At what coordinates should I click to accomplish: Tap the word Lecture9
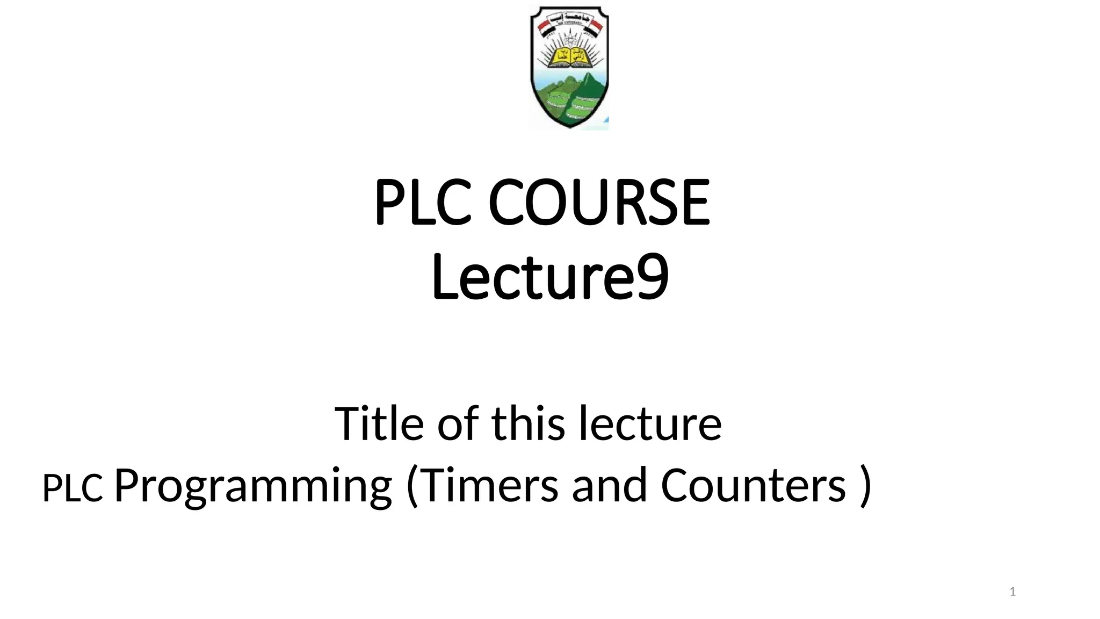[x=549, y=278]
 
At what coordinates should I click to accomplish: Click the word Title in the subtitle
[x=379, y=423]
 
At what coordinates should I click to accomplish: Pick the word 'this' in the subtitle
[x=528, y=423]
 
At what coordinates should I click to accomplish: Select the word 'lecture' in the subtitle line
[x=650, y=423]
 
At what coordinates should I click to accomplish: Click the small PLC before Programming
[x=73, y=488]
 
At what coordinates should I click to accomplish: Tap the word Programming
[x=253, y=486]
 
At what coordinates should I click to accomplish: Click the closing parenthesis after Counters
[x=865, y=486]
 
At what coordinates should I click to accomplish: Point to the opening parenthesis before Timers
[x=412, y=486]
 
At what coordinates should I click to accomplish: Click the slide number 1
[x=1012, y=592]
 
